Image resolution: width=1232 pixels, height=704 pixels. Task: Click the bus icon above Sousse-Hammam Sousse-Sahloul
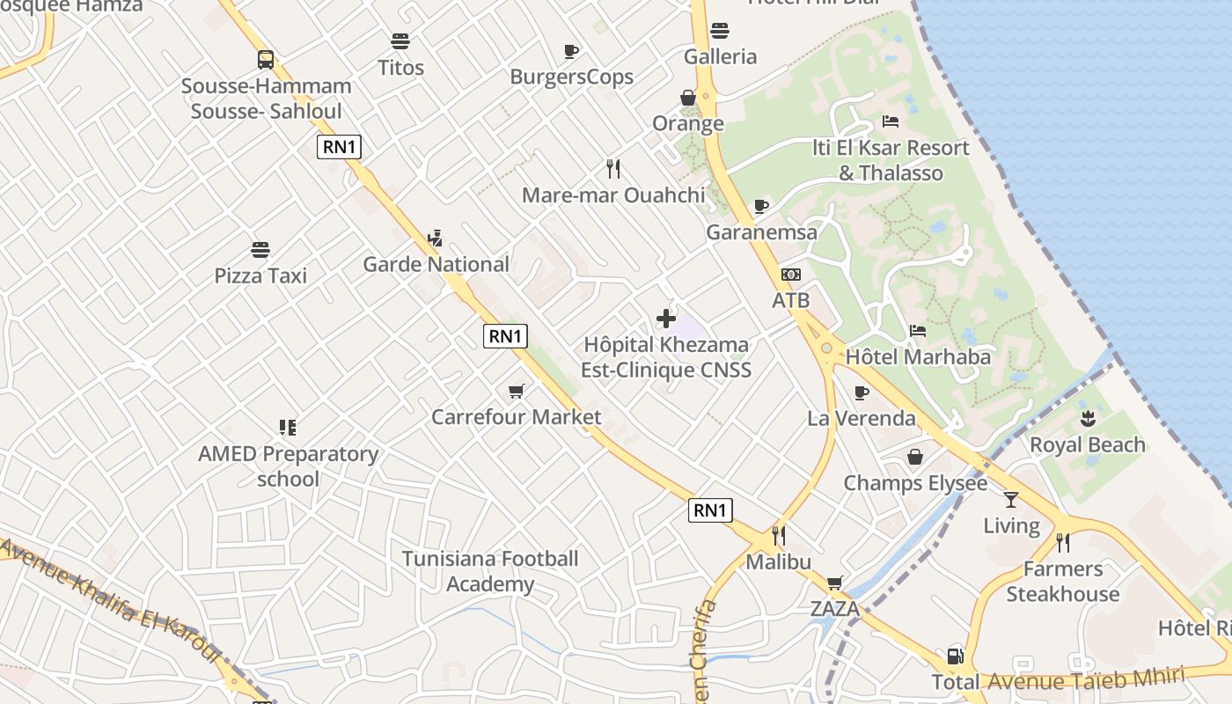click(266, 60)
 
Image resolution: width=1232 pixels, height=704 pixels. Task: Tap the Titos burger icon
click(400, 41)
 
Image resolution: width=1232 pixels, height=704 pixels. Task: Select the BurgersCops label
click(571, 77)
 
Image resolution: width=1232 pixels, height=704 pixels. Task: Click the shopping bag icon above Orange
click(688, 98)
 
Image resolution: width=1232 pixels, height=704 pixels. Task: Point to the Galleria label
click(720, 57)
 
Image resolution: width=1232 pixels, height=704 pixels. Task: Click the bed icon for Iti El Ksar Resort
click(891, 121)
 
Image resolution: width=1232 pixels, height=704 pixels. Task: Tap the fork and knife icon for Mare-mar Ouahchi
click(613, 168)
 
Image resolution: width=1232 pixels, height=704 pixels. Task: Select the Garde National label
click(436, 264)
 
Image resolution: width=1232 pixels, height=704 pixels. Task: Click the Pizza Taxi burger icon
click(260, 250)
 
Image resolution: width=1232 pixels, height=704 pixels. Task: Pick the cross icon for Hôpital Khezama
click(666, 319)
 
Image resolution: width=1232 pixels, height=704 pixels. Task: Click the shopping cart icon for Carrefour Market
click(516, 391)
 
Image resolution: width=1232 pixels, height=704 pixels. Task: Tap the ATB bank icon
click(790, 275)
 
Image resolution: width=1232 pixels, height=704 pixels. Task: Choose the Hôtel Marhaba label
click(918, 357)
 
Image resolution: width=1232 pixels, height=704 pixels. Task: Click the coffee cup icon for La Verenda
click(861, 392)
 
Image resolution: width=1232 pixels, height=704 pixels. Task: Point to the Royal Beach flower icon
click(1088, 419)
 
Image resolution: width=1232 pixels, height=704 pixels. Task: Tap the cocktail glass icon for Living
click(1010, 500)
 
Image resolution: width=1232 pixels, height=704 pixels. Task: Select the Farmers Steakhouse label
click(1062, 582)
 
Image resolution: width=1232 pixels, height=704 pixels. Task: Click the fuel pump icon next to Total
click(955, 656)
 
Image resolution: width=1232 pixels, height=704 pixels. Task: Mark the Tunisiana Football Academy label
click(490, 571)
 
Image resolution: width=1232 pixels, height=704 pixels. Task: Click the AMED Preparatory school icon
click(287, 428)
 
